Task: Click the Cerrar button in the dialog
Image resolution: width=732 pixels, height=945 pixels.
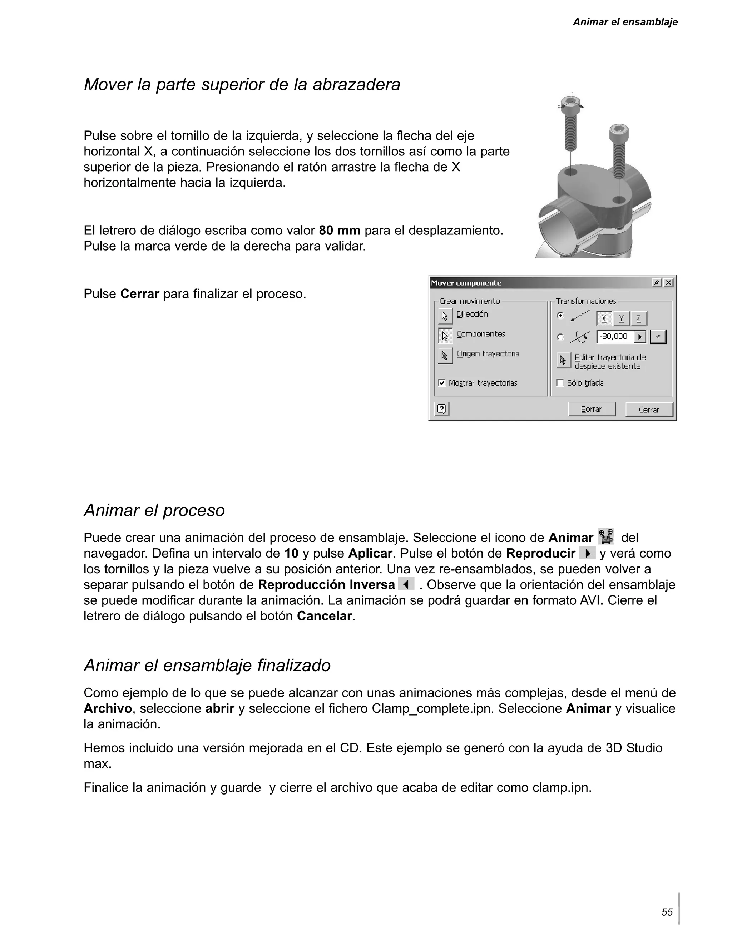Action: click(649, 409)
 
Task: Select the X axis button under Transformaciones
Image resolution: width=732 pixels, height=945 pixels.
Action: click(604, 319)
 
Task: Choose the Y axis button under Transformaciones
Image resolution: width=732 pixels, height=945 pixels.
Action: click(621, 319)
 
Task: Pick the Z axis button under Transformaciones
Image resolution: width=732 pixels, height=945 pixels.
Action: click(639, 319)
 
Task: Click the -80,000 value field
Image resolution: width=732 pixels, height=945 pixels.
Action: click(615, 337)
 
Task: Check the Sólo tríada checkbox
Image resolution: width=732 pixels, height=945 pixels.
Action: click(560, 382)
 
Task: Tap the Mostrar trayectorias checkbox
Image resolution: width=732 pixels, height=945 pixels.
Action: click(442, 382)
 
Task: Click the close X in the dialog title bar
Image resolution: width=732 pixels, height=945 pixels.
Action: click(668, 283)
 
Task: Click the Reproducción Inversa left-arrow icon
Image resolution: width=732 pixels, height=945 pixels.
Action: click(406, 584)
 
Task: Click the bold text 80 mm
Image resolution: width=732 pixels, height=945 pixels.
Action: click(340, 230)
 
